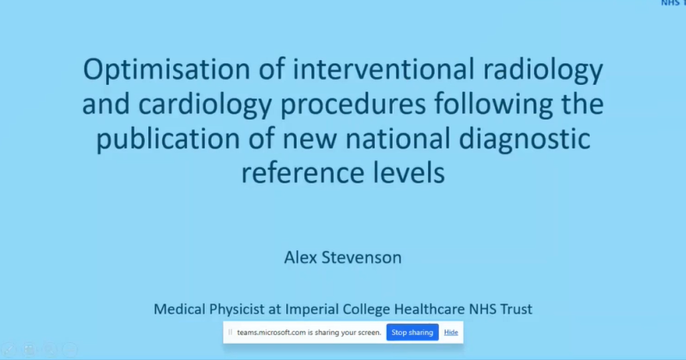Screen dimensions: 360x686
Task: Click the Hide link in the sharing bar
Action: point(451,332)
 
